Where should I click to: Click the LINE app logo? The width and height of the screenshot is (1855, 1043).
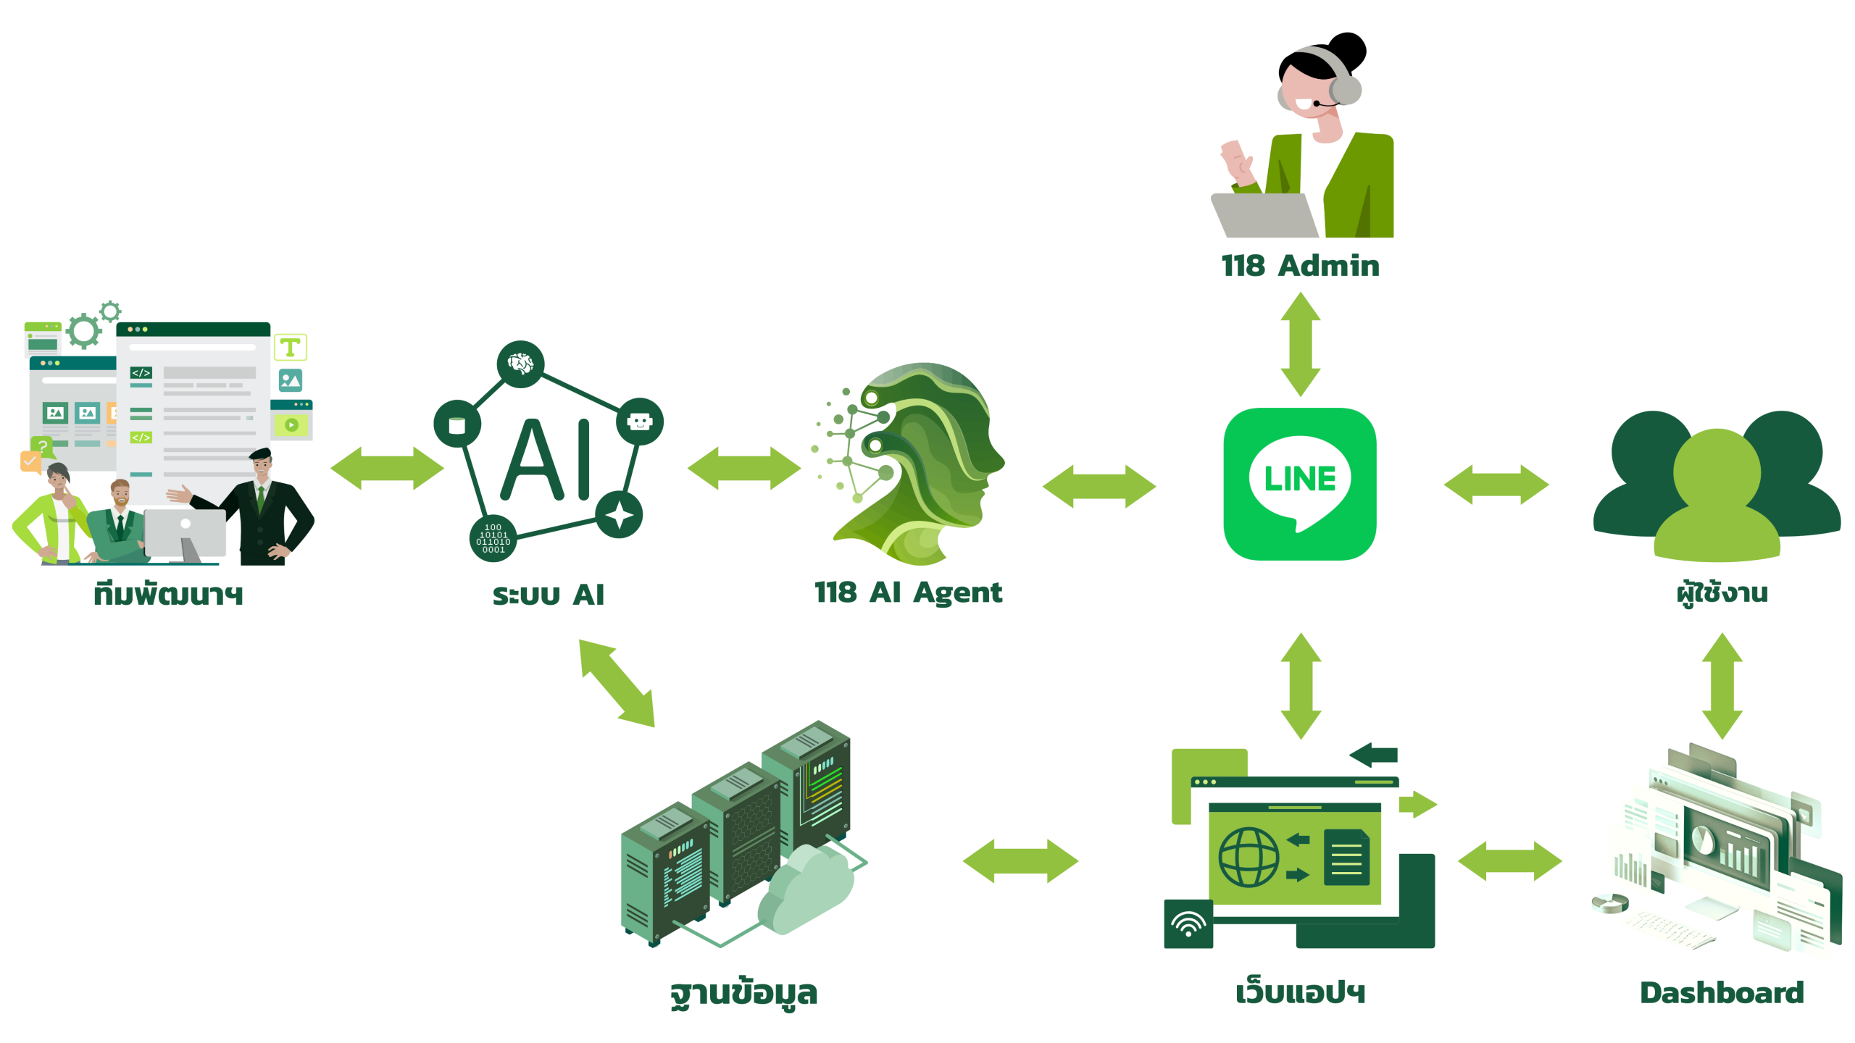pos(1300,484)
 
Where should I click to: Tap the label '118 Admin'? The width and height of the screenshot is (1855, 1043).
pos(1300,266)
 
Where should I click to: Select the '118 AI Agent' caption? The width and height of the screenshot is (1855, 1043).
pos(908,592)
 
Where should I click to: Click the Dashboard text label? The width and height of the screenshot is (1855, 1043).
pos(1722,992)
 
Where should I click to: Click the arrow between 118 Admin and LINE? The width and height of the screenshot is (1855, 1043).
pos(1301,344)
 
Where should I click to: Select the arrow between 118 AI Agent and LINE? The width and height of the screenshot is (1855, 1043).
pos(1099,486)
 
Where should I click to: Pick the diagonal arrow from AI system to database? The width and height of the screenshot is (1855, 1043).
pos(617,682)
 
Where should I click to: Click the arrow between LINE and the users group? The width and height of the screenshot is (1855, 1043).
pos(1496,484)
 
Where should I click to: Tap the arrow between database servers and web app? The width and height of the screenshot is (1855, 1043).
pos(1020,860)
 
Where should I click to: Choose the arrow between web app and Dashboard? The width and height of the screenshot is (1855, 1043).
pos(1510,860)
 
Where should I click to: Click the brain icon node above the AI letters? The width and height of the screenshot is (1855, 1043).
pos(520,363)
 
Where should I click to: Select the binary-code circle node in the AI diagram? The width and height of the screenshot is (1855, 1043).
pos(493,539)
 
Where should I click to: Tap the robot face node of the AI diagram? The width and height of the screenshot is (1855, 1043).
pos(639,422)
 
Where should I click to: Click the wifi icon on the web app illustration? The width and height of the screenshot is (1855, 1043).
pos(1188,924)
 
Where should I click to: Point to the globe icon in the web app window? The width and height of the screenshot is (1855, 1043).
pos(1249,857)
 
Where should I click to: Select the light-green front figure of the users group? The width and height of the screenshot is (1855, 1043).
pos(1717,500)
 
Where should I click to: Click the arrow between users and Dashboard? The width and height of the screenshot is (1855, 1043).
pos(1722,685)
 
